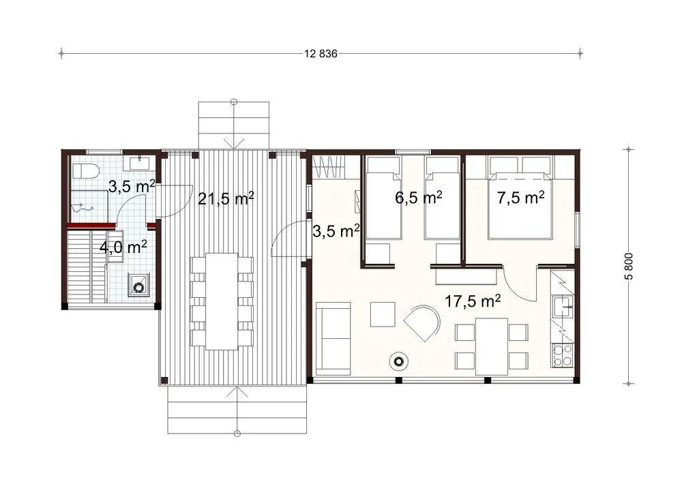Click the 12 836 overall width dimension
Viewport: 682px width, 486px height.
pos(318,53)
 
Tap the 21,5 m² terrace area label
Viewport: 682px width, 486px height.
pos(226,198)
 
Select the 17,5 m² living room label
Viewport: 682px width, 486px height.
pos(473,301)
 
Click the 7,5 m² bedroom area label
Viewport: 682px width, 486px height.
pos(520,198)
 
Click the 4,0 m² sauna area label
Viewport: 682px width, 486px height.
pos(123,247)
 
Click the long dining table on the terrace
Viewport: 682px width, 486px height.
pos(222,301)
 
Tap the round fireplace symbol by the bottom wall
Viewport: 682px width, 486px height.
pos(398,361)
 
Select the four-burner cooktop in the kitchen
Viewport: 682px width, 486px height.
pos(562,355)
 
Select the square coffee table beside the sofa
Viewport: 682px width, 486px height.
pos(382,314)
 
